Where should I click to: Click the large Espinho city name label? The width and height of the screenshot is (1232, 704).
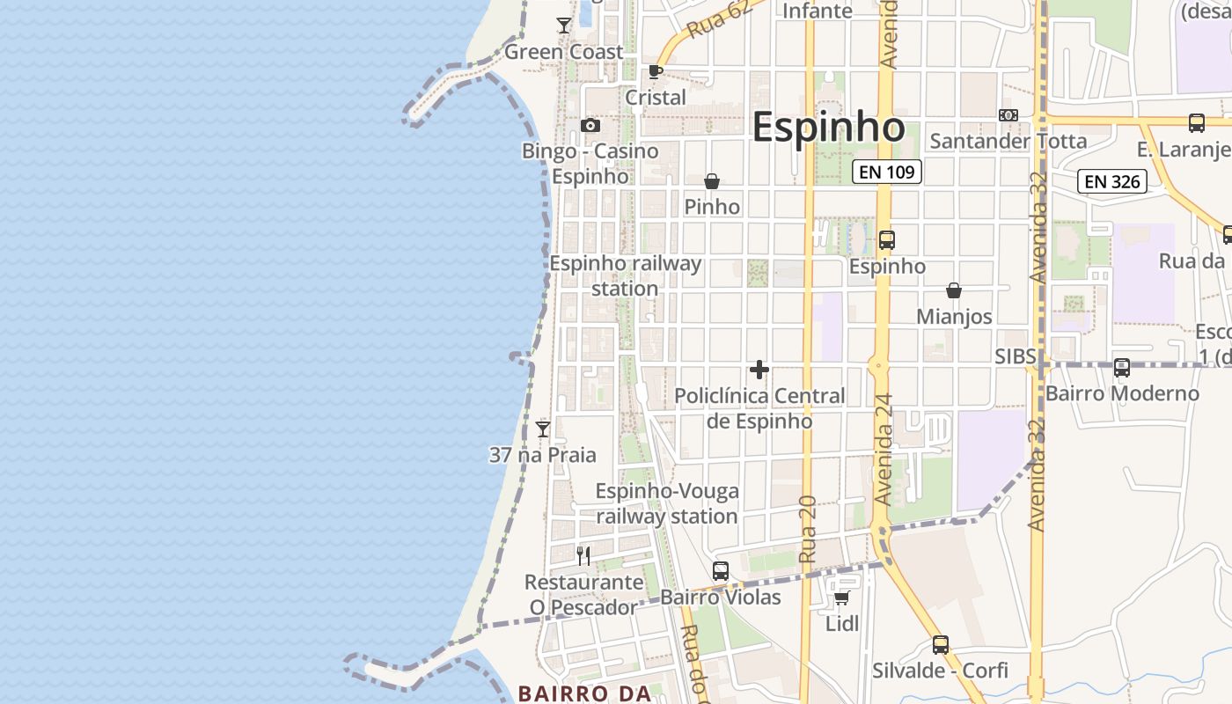[828, 128]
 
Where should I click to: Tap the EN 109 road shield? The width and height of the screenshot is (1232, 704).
[887, 172]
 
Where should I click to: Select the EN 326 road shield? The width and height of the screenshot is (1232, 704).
[1113, 182]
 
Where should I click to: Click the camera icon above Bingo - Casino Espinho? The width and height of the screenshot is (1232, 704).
[590, 126]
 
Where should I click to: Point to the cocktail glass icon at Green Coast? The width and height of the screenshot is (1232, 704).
[564, 26]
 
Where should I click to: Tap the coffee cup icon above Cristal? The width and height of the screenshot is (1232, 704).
[655, 72]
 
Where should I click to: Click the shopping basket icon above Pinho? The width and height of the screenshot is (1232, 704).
[712, 181]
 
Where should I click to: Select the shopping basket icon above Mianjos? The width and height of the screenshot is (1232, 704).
[954, 290]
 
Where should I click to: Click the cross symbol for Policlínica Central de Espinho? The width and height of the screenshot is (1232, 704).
[759, 370]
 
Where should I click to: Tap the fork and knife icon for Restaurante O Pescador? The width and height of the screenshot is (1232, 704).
[583, 555]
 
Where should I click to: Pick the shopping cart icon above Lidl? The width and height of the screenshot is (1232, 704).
[841, 598]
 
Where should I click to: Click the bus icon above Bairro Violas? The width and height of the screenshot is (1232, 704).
[721, 571]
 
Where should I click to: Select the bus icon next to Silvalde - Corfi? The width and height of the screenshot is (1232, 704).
[941, 645]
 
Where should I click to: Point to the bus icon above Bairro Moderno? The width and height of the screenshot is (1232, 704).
[1122, 368]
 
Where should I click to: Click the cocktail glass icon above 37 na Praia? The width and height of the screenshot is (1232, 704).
[543, 429]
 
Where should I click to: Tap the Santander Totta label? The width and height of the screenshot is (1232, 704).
[1008, 141]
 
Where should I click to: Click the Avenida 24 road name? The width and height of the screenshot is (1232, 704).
[884, 449]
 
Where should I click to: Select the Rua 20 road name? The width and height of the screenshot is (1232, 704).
[808, 528]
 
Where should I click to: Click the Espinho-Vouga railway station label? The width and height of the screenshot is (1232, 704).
[667, 503]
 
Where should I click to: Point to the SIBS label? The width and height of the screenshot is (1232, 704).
[1016, 356]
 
